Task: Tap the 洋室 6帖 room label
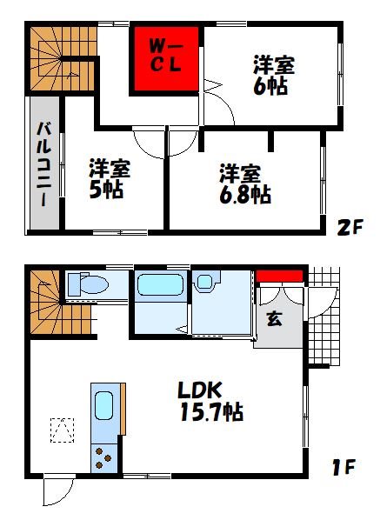click(274, 76)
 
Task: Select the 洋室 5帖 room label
click(110, 179)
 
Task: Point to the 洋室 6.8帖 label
click(244, 183)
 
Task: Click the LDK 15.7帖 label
click(211, 402)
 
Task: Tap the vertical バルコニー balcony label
click(44, 163)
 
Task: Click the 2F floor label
click(350, 227)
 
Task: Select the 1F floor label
click(343, 467)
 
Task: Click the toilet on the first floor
click(88, 284)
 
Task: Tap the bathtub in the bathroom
click(161, 284)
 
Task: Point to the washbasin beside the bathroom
click(205, 282)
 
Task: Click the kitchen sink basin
click(103, 405)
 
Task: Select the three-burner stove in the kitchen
click(103, 458)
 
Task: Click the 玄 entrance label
click(274, 319)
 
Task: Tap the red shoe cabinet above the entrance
click(279, 277)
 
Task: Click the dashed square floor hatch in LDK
click(62, 430)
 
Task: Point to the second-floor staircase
click(63, 58)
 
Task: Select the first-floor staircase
click(60, 303)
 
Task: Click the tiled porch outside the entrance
click(323, 316)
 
